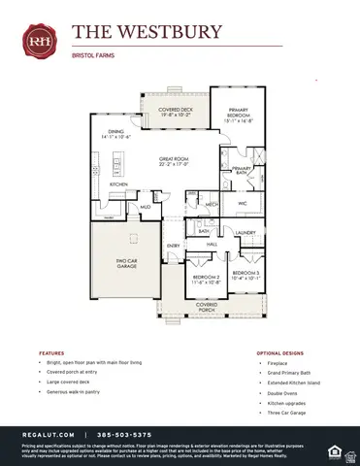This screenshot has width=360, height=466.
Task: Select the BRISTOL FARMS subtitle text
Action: [92, 55]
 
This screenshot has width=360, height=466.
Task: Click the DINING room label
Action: [115, 135]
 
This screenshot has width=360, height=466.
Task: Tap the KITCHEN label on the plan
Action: [118, 184]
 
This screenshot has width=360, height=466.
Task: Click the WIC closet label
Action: [243, 204]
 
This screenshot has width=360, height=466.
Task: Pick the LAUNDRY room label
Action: [245, 233]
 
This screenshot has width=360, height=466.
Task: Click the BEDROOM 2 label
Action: [205, 279]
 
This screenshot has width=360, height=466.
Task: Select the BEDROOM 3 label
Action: [245, 275]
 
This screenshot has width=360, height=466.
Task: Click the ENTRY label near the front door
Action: [173, 246]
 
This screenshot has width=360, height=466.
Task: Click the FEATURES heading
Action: [51, 353]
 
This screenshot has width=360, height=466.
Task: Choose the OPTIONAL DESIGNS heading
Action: [282, 353]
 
